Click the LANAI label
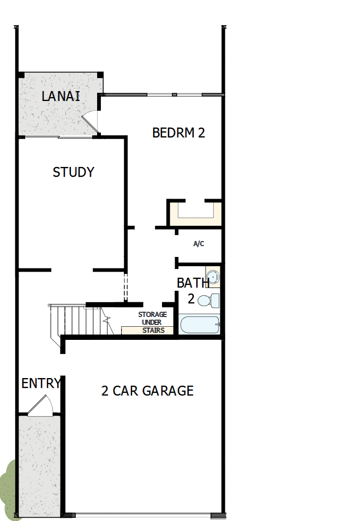coord(61,97)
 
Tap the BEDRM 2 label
coord(178,133)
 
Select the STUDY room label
coord(73,172)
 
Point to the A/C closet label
coord(199,244)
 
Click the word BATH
coord(193,283)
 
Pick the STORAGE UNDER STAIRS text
coord(152,322)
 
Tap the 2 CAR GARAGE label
coord(147,391)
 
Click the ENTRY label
coord(40,384)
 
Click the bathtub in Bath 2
coord(199,325)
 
